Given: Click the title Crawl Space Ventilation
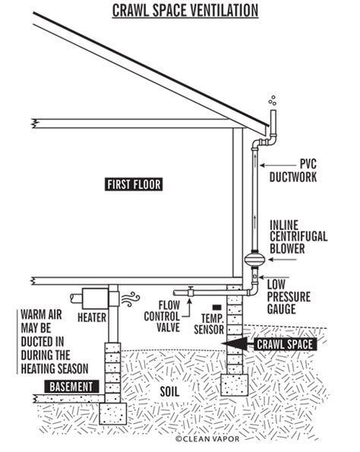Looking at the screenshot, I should (185, 11).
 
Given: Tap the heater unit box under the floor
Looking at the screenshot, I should (93, 296).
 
